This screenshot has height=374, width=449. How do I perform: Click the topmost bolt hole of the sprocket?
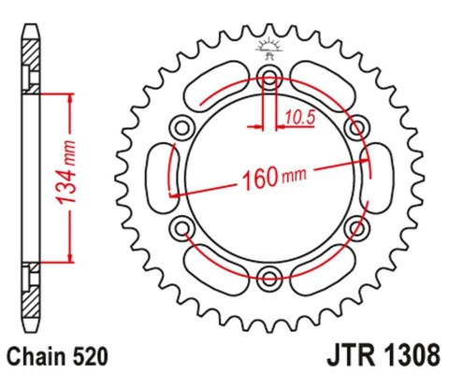(x=269, y=76)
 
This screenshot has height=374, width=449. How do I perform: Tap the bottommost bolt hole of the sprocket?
(x=269, y=275)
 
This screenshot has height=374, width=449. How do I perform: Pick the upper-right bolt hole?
(x=355, y=126)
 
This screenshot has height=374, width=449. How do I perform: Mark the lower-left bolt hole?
(x=183, y=225)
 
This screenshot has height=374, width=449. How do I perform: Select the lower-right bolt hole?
(x=355, y=225)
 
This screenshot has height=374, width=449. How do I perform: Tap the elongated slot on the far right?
(x=381, y=176)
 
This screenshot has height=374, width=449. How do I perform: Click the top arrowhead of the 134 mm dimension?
(x=68, y=96)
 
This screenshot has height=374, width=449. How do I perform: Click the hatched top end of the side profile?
(x=32, y=48)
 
